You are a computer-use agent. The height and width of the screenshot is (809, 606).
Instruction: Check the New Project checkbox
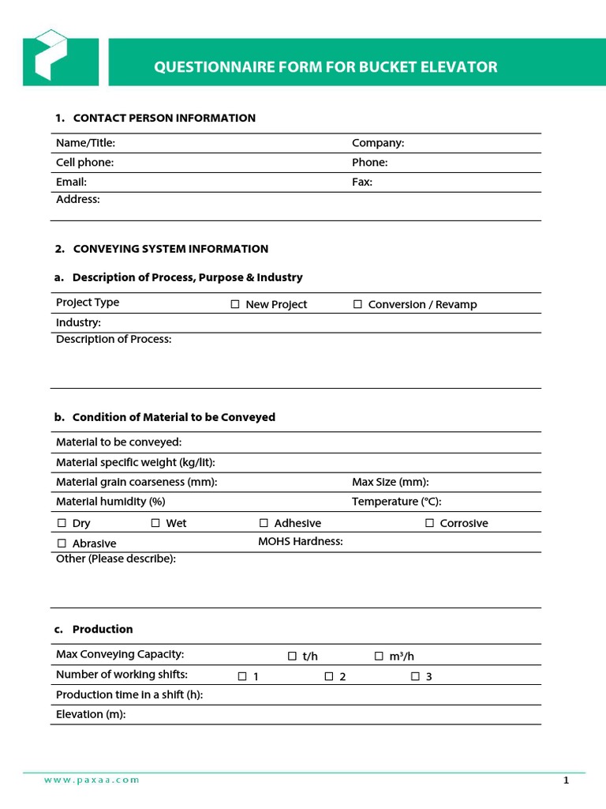pyautogui.click(x=235, y=304)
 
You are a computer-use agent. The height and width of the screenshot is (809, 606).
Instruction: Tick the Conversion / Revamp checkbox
pyautogui.click(x=357, y=304)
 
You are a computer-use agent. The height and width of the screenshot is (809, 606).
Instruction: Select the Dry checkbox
pyautogui.click(x=62, y=523)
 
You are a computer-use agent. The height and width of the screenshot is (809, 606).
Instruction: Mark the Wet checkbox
pyautogui.click(x=155, y=523)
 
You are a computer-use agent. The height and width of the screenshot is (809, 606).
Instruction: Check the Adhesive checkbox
pyautogui.click(x=264, y=523)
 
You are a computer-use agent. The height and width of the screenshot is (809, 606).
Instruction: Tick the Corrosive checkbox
pyautogui.click(x=430, y=523)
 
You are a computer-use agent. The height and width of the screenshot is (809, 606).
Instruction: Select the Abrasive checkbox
pyautogui.click(x=62, y=544)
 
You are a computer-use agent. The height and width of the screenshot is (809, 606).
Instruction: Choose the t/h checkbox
pyautogui.click(x=292, y=656)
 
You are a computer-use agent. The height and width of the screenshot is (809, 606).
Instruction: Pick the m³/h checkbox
pyautogui.click(x=379, y=656)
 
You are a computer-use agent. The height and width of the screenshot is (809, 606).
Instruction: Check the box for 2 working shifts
pyautogui.click(x=329, y=676)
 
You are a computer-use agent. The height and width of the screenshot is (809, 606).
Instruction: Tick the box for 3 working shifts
pyautogui.click(x=415, y=676)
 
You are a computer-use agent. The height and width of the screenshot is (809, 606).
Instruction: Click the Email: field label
pyautogui.click(x=71, y=182)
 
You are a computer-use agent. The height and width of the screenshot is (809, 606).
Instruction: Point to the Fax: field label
pyautogui.click(x=362, y=182)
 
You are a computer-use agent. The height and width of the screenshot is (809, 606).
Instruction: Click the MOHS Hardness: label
pyautogui.click(x=300, y=541)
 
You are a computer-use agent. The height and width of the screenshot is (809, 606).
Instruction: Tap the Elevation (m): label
pyautogui.click(x=91, y=714)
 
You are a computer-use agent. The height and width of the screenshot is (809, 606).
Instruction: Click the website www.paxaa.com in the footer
pyautogui.click(x=92, y=780)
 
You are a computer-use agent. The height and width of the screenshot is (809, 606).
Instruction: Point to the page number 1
pyautogui.click(x=566, y=781)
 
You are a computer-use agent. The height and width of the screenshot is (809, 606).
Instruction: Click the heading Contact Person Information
pyautogui.click(x=163, y=118)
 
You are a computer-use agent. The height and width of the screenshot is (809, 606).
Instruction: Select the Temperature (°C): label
pyautogui.click(x=396, y=502)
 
